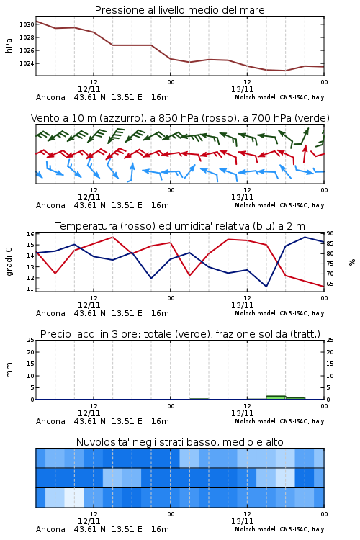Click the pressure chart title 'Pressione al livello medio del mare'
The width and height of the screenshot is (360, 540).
179,10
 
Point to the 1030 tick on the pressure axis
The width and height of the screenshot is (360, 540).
27,24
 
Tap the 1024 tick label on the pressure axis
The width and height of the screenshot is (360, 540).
27,63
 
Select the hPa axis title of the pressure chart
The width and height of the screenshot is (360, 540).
9,45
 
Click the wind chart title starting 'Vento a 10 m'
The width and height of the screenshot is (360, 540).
180,118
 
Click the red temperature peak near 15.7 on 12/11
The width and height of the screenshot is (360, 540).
112,237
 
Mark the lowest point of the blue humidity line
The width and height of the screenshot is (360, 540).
266,286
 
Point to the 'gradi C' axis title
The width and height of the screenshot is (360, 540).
9,262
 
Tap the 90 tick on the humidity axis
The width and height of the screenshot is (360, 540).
330,233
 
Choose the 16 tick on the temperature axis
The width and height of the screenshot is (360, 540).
30,234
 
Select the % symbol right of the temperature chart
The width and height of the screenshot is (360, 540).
352,262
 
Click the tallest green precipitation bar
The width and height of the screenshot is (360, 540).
276,397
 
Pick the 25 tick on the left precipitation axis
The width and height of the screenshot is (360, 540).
31,340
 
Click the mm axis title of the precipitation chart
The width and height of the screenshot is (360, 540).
9,370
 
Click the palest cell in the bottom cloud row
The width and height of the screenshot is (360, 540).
74,498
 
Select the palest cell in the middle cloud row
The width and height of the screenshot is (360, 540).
285,477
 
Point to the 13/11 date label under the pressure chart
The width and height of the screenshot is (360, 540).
242,89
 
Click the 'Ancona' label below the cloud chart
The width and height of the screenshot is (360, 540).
50,529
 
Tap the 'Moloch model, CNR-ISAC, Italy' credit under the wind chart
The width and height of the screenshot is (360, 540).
279,205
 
